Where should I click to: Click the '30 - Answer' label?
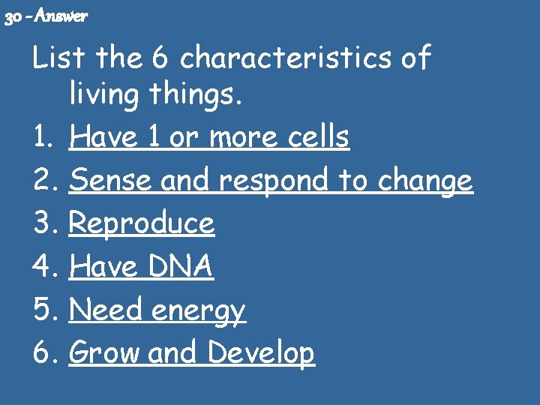(x=46, y=16)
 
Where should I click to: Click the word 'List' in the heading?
(x=53, y=58)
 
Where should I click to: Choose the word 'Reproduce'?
(x=142, y=224)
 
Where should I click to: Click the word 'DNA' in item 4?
(x=179, y=266)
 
